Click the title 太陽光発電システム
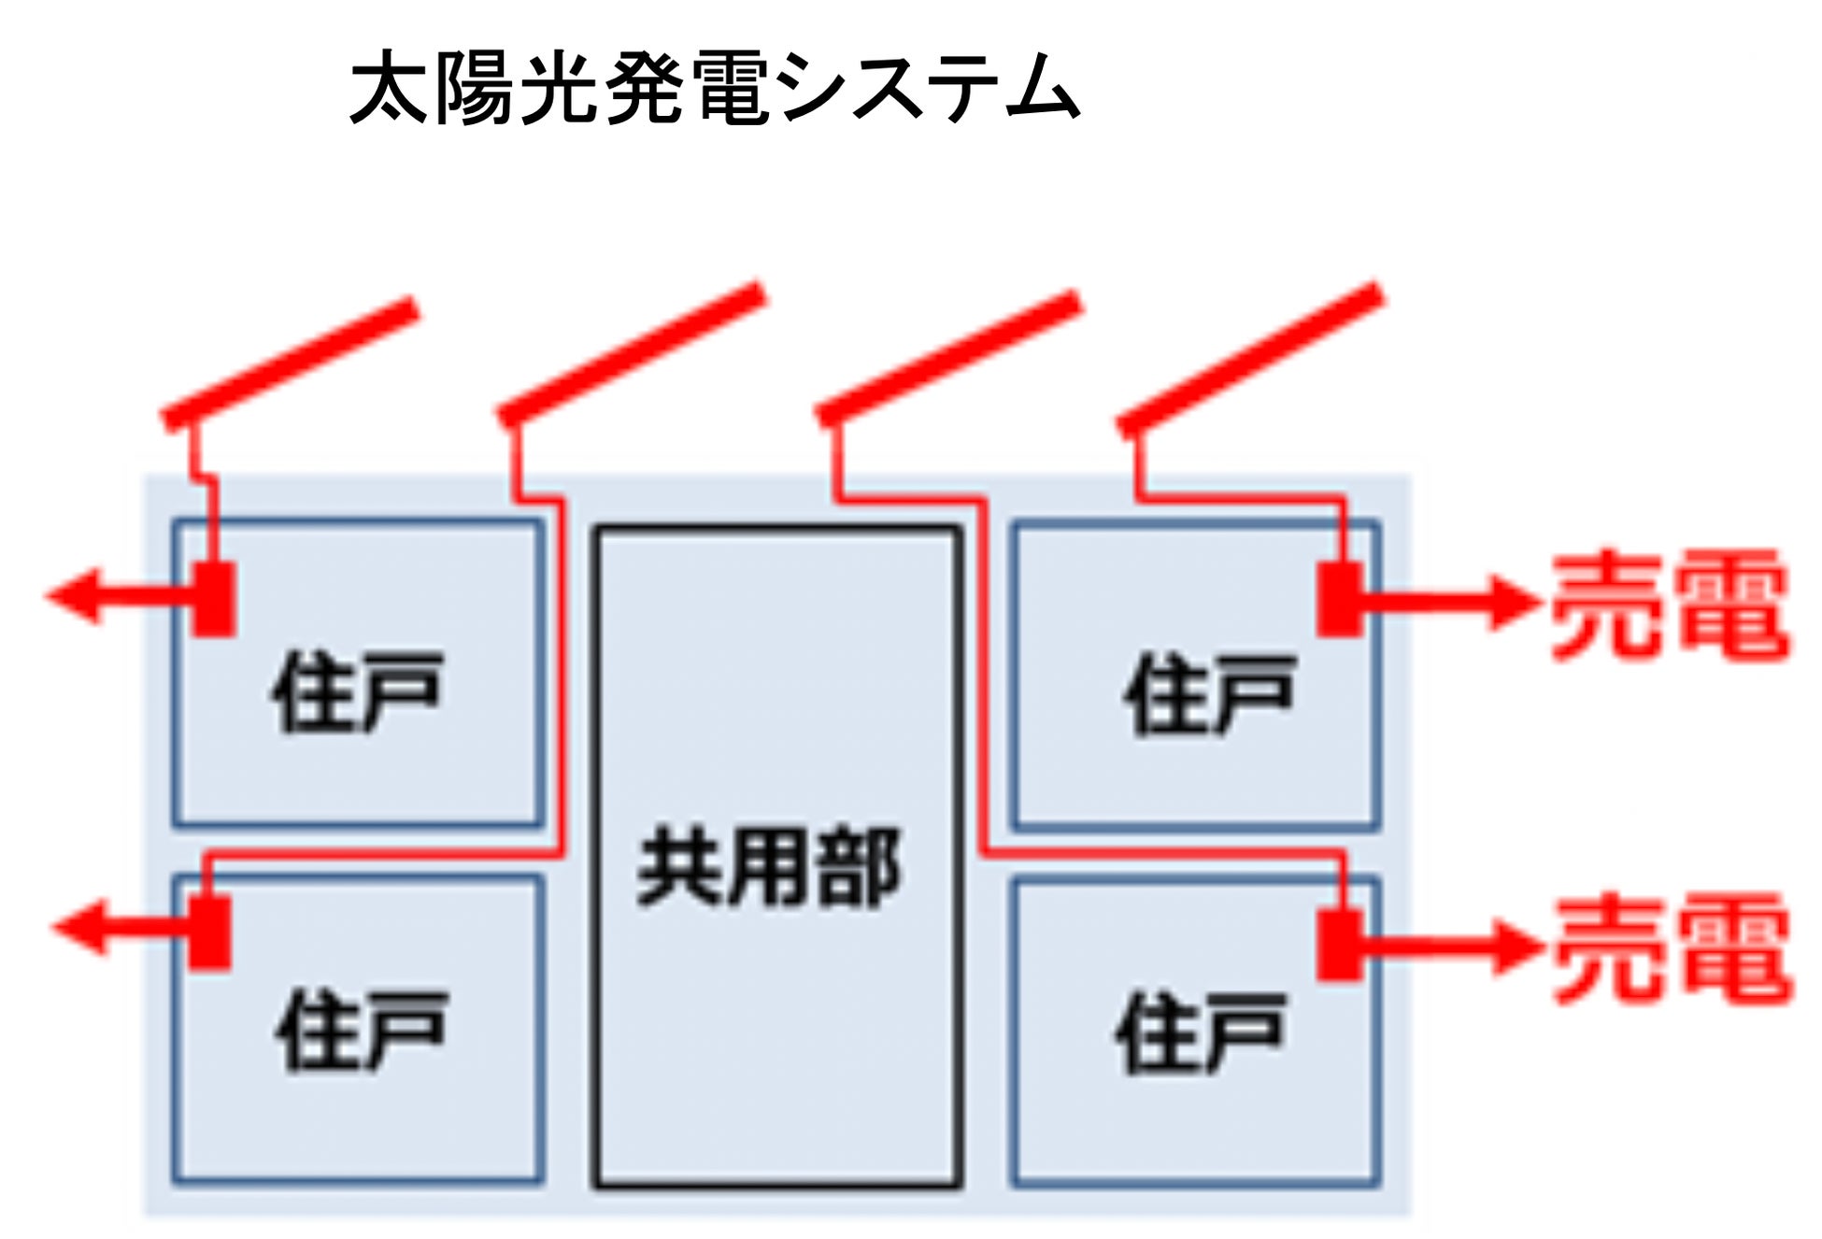714,89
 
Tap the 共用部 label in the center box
768,868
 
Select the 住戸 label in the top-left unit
357,692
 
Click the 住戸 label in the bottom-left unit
362,1030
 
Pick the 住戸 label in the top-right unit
1209,694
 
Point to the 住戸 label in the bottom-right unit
1200,1032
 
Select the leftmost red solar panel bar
290,363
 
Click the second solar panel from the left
632,355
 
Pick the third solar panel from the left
948,359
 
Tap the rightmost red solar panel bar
1250,359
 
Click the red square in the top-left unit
214,599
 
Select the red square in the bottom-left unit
209,933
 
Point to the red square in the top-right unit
1341,599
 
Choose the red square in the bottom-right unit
1340,945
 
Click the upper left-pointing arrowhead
75,595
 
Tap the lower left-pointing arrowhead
80,928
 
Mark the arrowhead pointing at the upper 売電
1512,603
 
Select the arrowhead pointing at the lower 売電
1514,947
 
